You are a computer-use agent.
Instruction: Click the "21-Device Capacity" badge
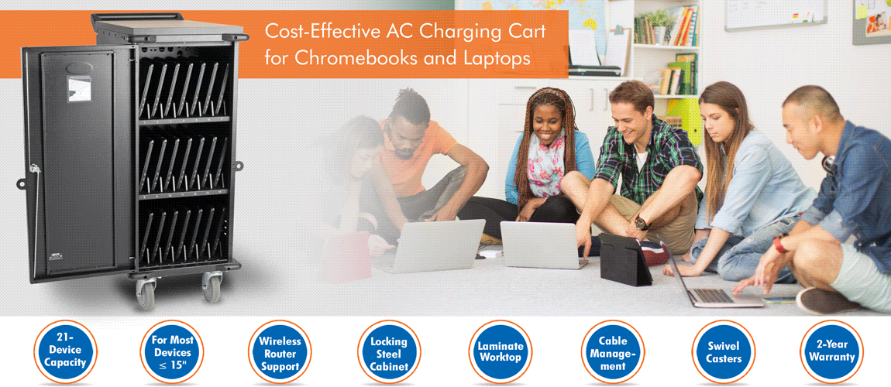[x=65, y=352]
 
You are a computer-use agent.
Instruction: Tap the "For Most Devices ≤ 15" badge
[x=171, y=352]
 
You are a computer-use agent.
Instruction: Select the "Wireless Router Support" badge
[x=280, y=352]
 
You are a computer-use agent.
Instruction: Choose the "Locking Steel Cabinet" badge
[x=389, y=352]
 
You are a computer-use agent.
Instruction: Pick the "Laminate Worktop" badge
[x=501, y=352]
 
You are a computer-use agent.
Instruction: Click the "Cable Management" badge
[x=613, y=352]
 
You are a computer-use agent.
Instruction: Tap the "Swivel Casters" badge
[x=724, y=352]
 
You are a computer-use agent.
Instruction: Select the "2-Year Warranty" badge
[x=832, y=352]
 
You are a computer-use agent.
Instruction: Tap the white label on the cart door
[x=79, y=88]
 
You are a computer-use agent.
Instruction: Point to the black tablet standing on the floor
[x=625, y=260]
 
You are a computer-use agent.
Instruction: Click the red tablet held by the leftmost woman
[x=345, y=256]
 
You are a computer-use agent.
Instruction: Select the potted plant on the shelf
[x=660, y=26]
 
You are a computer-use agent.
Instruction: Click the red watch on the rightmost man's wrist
[x=779, y=244]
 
